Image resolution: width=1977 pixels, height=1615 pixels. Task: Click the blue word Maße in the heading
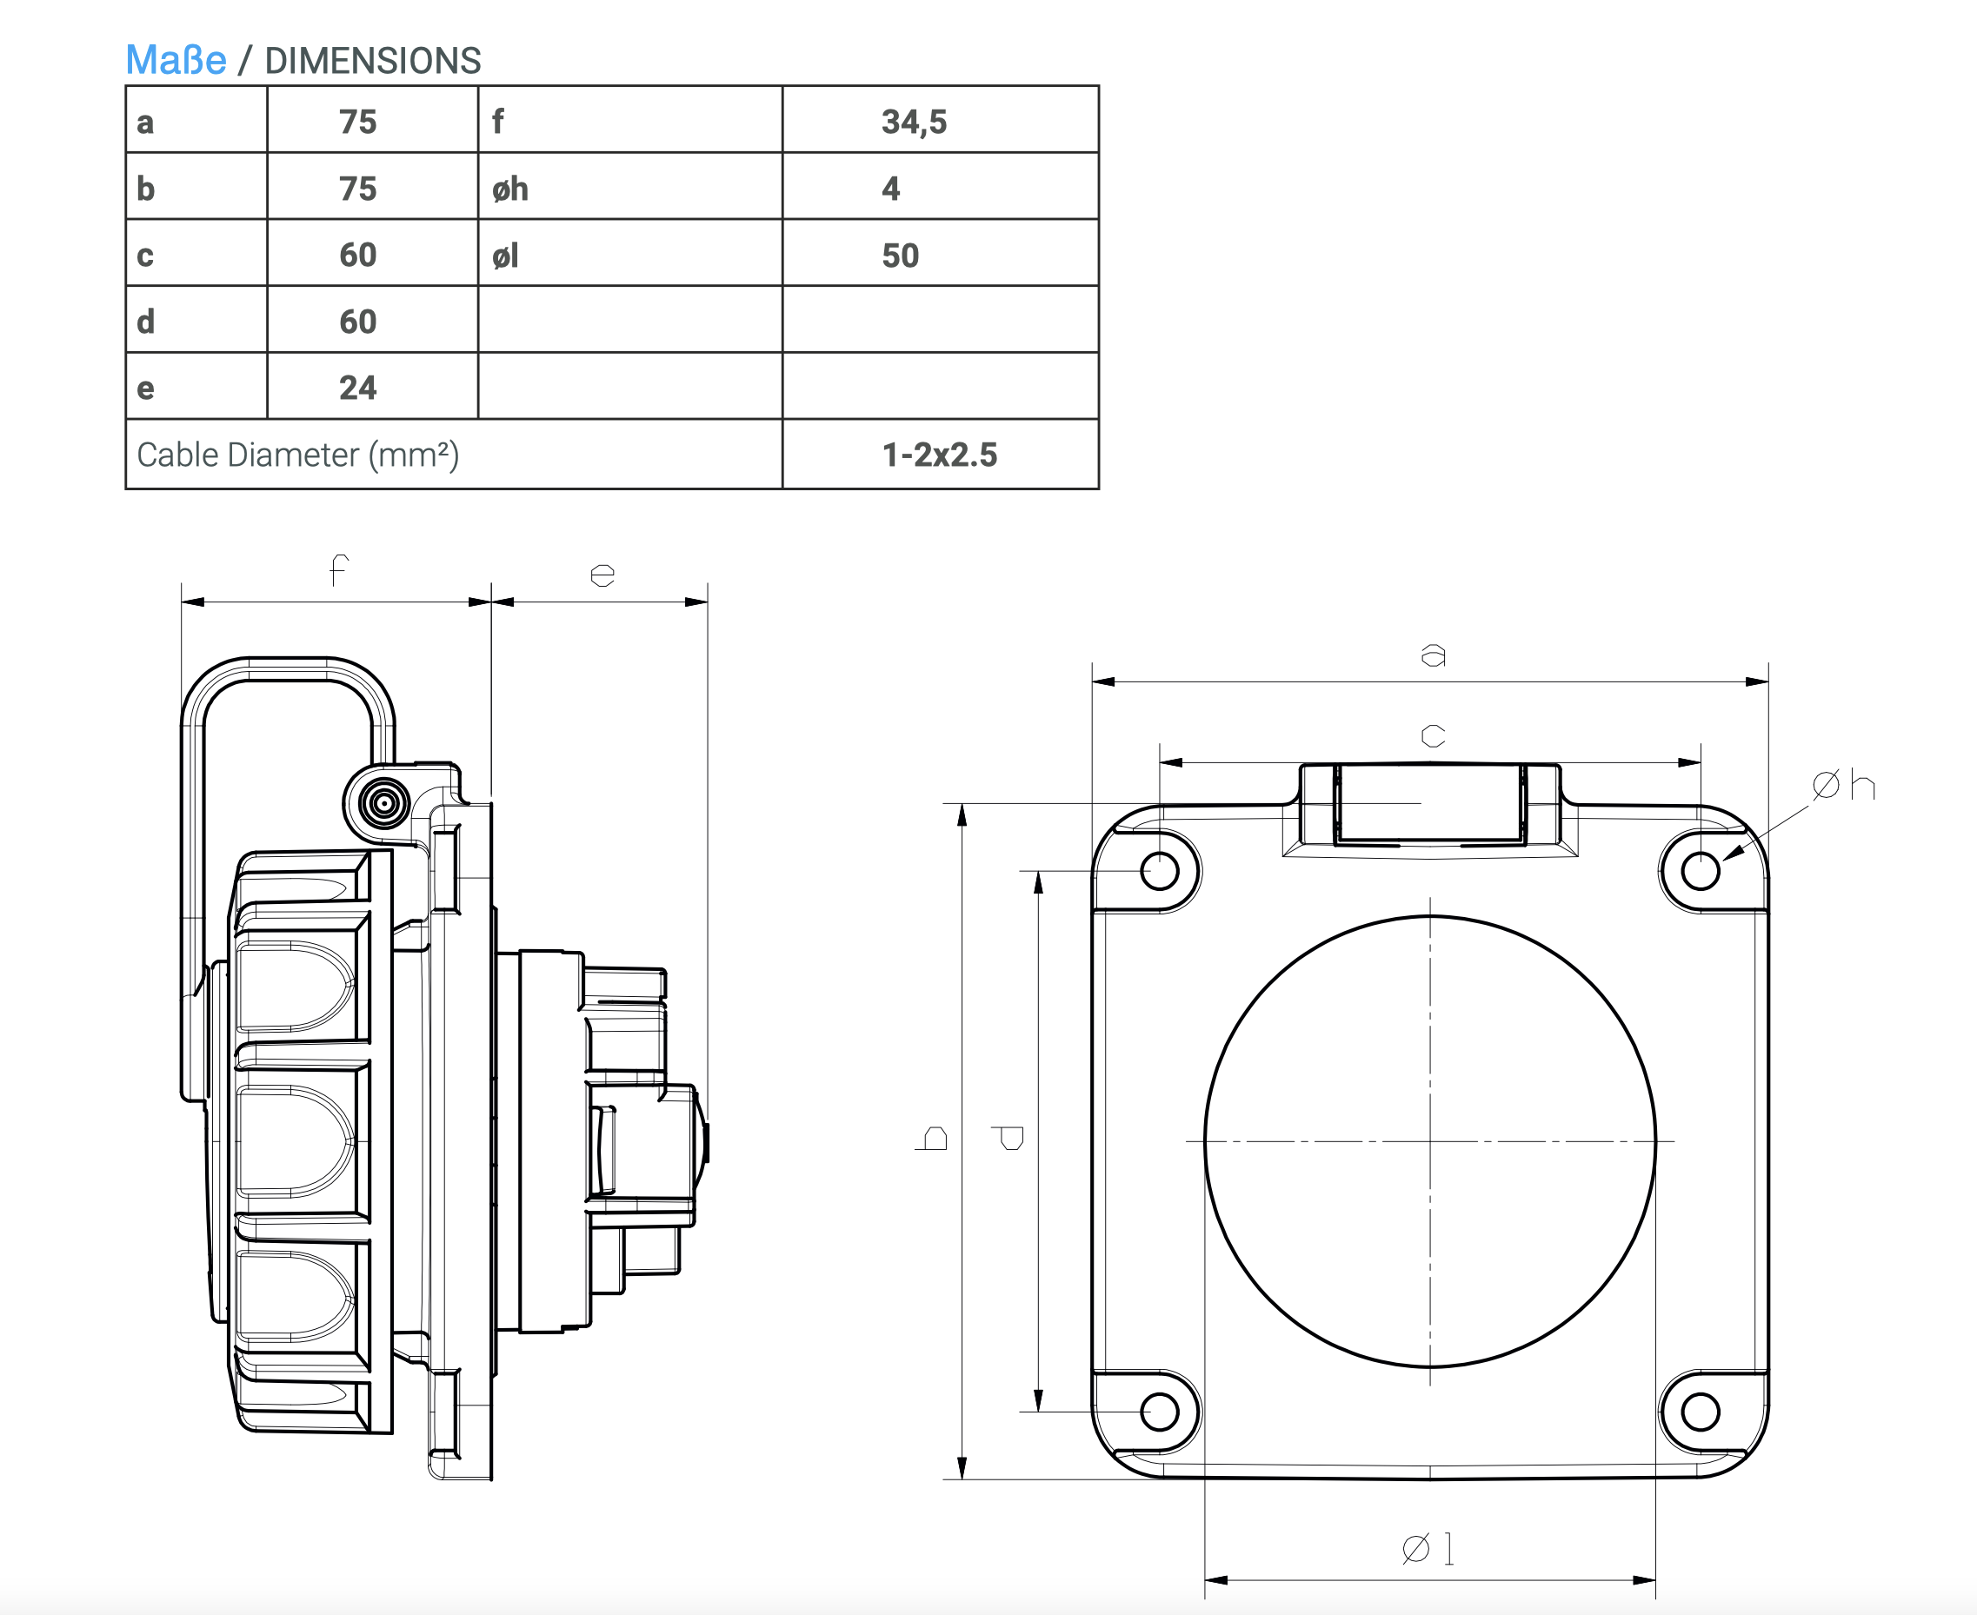click(x=176, y=61)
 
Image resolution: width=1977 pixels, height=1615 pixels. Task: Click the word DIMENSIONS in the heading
click(x=372, y=62)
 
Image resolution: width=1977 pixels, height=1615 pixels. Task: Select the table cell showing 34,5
click(x=914, y=122)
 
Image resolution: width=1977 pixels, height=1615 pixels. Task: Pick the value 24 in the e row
click(x=357, y=388)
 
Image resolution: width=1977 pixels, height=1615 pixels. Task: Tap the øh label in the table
click(x=509, y=189)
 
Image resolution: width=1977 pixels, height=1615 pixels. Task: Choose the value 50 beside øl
click(x=900, y=256)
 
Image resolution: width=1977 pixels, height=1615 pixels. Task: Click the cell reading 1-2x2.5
click(x=939, y=455)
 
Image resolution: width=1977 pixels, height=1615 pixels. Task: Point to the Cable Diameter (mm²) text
click(x=297, y=455)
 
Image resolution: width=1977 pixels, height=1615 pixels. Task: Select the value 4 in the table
click(x=890, y=189)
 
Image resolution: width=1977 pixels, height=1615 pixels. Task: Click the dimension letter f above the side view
click(x=339, y=569)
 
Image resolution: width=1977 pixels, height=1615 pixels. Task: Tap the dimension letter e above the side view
click(x=602, y=575)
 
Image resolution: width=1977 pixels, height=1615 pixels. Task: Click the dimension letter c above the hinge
click(x=1433, y=736)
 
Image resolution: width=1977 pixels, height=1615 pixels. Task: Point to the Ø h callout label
click(x=1843, y=786)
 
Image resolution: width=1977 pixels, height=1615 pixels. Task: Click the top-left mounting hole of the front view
click(x=1159, y=872)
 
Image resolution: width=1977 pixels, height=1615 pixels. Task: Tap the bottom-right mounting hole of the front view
click(x=1701, y=1412)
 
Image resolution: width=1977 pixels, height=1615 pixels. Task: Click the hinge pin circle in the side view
click(x=383, y=803)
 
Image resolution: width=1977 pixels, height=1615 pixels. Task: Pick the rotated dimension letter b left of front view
click(x=933, y=1139)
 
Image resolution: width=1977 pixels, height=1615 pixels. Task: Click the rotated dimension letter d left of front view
click(x=1008, y=1138)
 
